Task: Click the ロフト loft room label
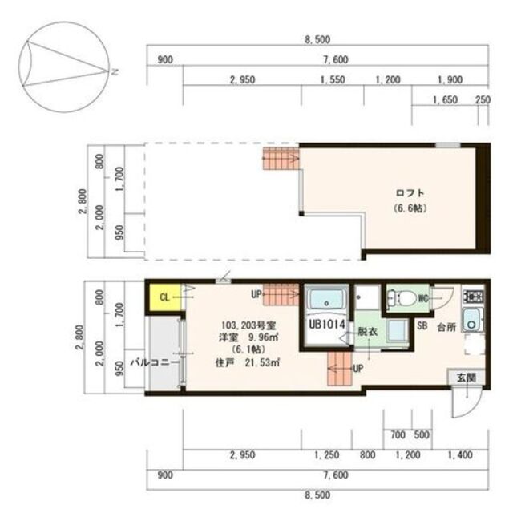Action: coord(409,193)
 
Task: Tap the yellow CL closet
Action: coord(164,297)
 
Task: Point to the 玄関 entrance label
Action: coord(466,377)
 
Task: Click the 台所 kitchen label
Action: coord(446,327)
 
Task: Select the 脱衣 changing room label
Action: coord(367,330)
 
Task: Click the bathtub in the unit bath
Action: coord(326,300)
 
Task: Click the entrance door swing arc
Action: coord(465,405)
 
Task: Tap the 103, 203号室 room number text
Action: coord(248,325)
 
